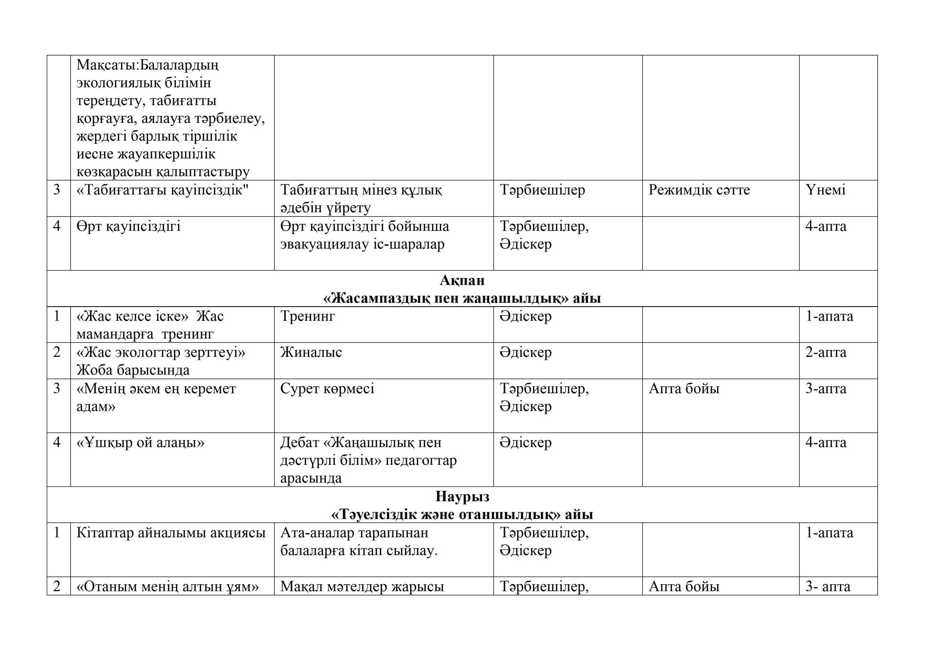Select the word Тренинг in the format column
(x=308, y=316)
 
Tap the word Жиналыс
(x=311, y=352)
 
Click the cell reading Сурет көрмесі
(x=327, y=388)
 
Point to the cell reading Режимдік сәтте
(x=699, y=190)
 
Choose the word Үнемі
(x=825, y=190)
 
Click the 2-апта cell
(x=825, y=352)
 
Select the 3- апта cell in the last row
(x=827, y=586)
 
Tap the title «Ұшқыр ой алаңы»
(x=140, y=442)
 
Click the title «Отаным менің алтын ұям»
(x=168, y=586)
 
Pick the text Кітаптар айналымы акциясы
(x=171, y=532)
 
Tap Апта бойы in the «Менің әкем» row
(x=684, y=388)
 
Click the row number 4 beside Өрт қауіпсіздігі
(x=57, y=226)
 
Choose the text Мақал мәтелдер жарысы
(x=362, y=586)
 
